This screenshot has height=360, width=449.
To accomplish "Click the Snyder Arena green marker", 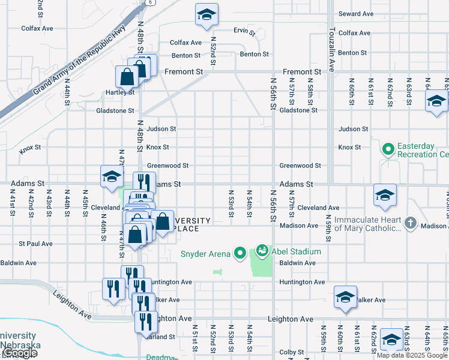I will pyautogui.click(x=240, y=253).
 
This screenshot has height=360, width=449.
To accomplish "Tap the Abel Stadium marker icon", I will pyautogui.click(x=262, y=250).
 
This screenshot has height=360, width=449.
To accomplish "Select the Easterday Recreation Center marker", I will pyautogui.click(x=388, y=147).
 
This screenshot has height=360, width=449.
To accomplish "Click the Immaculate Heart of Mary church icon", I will pyautogui.click(x=410, y=223).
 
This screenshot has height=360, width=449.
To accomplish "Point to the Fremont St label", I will pyautogui.click(x=184, y=72).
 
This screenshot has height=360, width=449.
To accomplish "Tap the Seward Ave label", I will pyautogui.click(x=356, y=14).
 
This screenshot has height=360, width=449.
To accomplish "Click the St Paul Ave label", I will pyautogui.click(x=35, y=244).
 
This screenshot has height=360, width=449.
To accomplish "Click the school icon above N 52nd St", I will pyautogui.click(x=206, y=15).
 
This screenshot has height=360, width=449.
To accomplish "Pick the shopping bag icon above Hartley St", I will pyautogui.click(x=127, y=77).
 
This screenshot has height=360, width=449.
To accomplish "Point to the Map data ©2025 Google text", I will pyautogui.click(x=411, y=355).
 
